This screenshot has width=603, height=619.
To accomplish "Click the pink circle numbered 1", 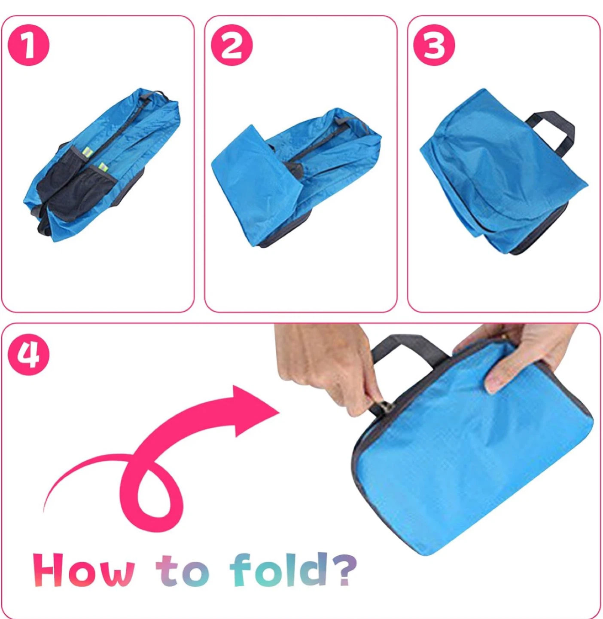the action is point(29,46).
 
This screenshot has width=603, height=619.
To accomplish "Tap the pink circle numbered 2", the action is point(232,46).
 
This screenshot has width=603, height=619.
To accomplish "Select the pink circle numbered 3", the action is point(434,46).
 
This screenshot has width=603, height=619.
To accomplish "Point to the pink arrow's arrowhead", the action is point(254,411).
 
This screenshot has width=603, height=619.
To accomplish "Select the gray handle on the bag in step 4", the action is point(410,347).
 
